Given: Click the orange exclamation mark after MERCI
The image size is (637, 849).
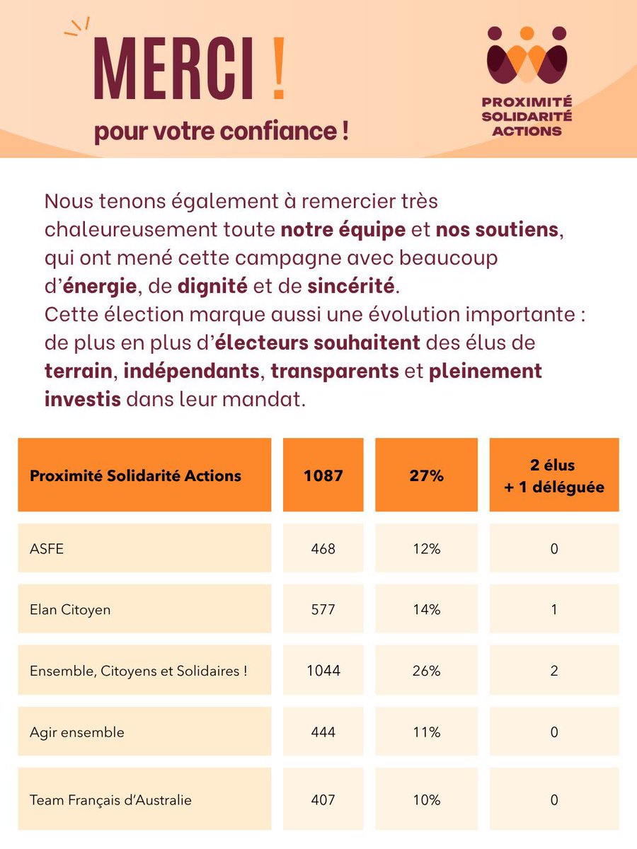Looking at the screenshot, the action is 279,69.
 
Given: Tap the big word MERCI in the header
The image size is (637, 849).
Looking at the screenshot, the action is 173,69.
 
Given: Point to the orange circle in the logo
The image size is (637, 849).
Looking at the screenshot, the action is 527,33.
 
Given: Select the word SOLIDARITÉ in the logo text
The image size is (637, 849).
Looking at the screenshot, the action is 527,117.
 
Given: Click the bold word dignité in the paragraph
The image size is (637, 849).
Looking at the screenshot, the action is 212,287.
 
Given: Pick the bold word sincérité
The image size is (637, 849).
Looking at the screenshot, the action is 351,287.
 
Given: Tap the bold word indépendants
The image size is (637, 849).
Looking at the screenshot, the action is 191,371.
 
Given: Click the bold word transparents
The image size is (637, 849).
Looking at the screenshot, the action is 335,371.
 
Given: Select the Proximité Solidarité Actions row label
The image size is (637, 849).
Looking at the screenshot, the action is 135,475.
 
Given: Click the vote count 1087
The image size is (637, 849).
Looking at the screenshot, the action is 323,475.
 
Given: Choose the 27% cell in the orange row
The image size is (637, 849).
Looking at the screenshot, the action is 426,475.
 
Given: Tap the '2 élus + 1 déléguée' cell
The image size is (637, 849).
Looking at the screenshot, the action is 554,475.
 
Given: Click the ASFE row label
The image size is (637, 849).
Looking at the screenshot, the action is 47,549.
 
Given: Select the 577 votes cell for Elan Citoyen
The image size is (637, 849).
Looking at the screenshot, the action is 323,610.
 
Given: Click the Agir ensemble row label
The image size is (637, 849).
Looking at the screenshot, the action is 77,732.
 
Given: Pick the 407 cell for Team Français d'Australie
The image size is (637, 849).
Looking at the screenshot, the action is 323,800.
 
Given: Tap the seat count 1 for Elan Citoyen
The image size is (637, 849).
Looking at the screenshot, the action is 554,610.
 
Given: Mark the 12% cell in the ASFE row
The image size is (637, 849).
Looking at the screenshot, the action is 426,549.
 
